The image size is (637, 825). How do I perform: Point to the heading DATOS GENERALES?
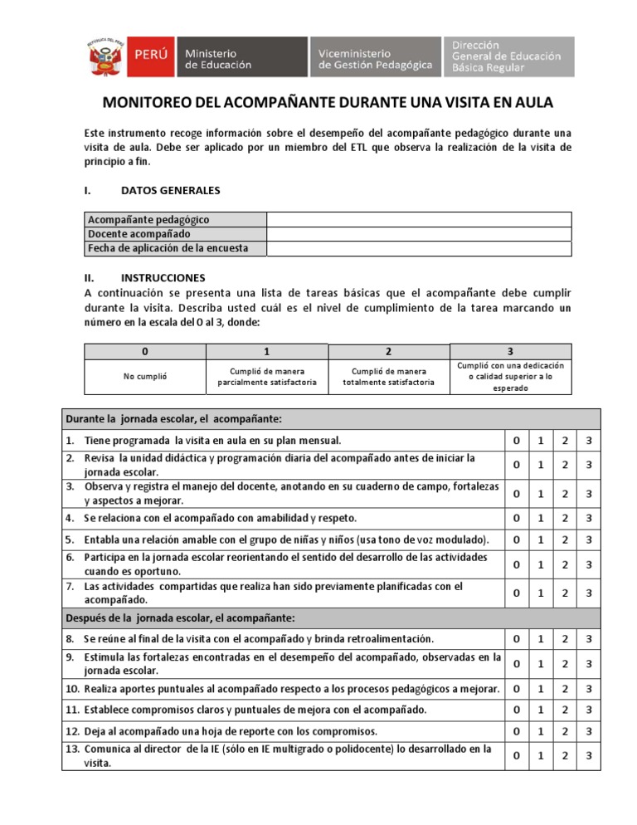click(170, 190)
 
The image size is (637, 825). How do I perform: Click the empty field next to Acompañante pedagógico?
click(418, 219)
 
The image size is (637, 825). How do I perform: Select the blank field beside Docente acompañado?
click(418, 234)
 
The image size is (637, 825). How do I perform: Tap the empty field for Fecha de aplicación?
click(418, 248)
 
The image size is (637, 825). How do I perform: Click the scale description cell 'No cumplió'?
click(145, 376)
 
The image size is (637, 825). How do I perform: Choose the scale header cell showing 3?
click(510, 351)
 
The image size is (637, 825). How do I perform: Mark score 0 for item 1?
click(516, 440)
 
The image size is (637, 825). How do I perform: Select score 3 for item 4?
click(587, 519)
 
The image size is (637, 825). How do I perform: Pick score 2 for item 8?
click(563, 638)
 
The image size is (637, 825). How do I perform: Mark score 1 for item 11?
click(540, 710)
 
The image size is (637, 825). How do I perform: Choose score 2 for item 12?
click(563, 731)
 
